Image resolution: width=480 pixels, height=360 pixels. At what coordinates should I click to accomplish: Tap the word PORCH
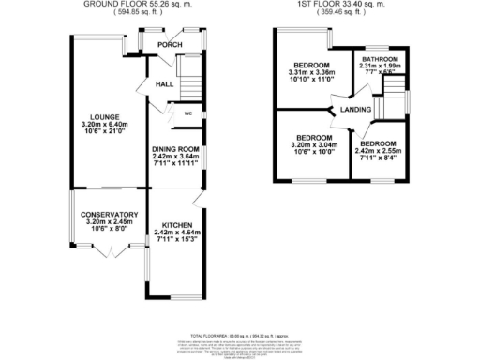pyautogui.click(x=170, y=45)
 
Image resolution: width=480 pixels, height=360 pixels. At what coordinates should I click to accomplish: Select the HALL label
pyautogui.click(x=162, y=84)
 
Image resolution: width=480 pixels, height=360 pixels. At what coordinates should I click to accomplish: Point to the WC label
pyautogui.click(x=187, y=113)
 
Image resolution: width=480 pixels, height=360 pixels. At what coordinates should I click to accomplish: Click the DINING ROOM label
pyautogui.click(x=177, y=148)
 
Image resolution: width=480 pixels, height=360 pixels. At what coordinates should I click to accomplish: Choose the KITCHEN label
pyautogui.click(x=177, y=225)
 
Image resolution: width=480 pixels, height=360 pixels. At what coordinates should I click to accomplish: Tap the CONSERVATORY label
pyautogui.click(x=109, y=215)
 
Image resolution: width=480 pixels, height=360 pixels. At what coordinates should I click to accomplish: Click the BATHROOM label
pyautogui.click(x=382, y=58)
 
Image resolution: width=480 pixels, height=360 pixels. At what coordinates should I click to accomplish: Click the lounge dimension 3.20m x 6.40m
pyautogui.click(x=97, y=124)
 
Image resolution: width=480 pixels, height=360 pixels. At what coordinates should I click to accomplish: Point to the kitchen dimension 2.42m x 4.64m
pyautogui.click(x=177, y=232)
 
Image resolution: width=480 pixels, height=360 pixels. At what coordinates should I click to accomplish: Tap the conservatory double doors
pyautogui.click(x=110, y=250)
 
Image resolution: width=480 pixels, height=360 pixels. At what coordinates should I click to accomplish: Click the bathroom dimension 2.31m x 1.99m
pyautogui.click(x=382, y=66)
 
